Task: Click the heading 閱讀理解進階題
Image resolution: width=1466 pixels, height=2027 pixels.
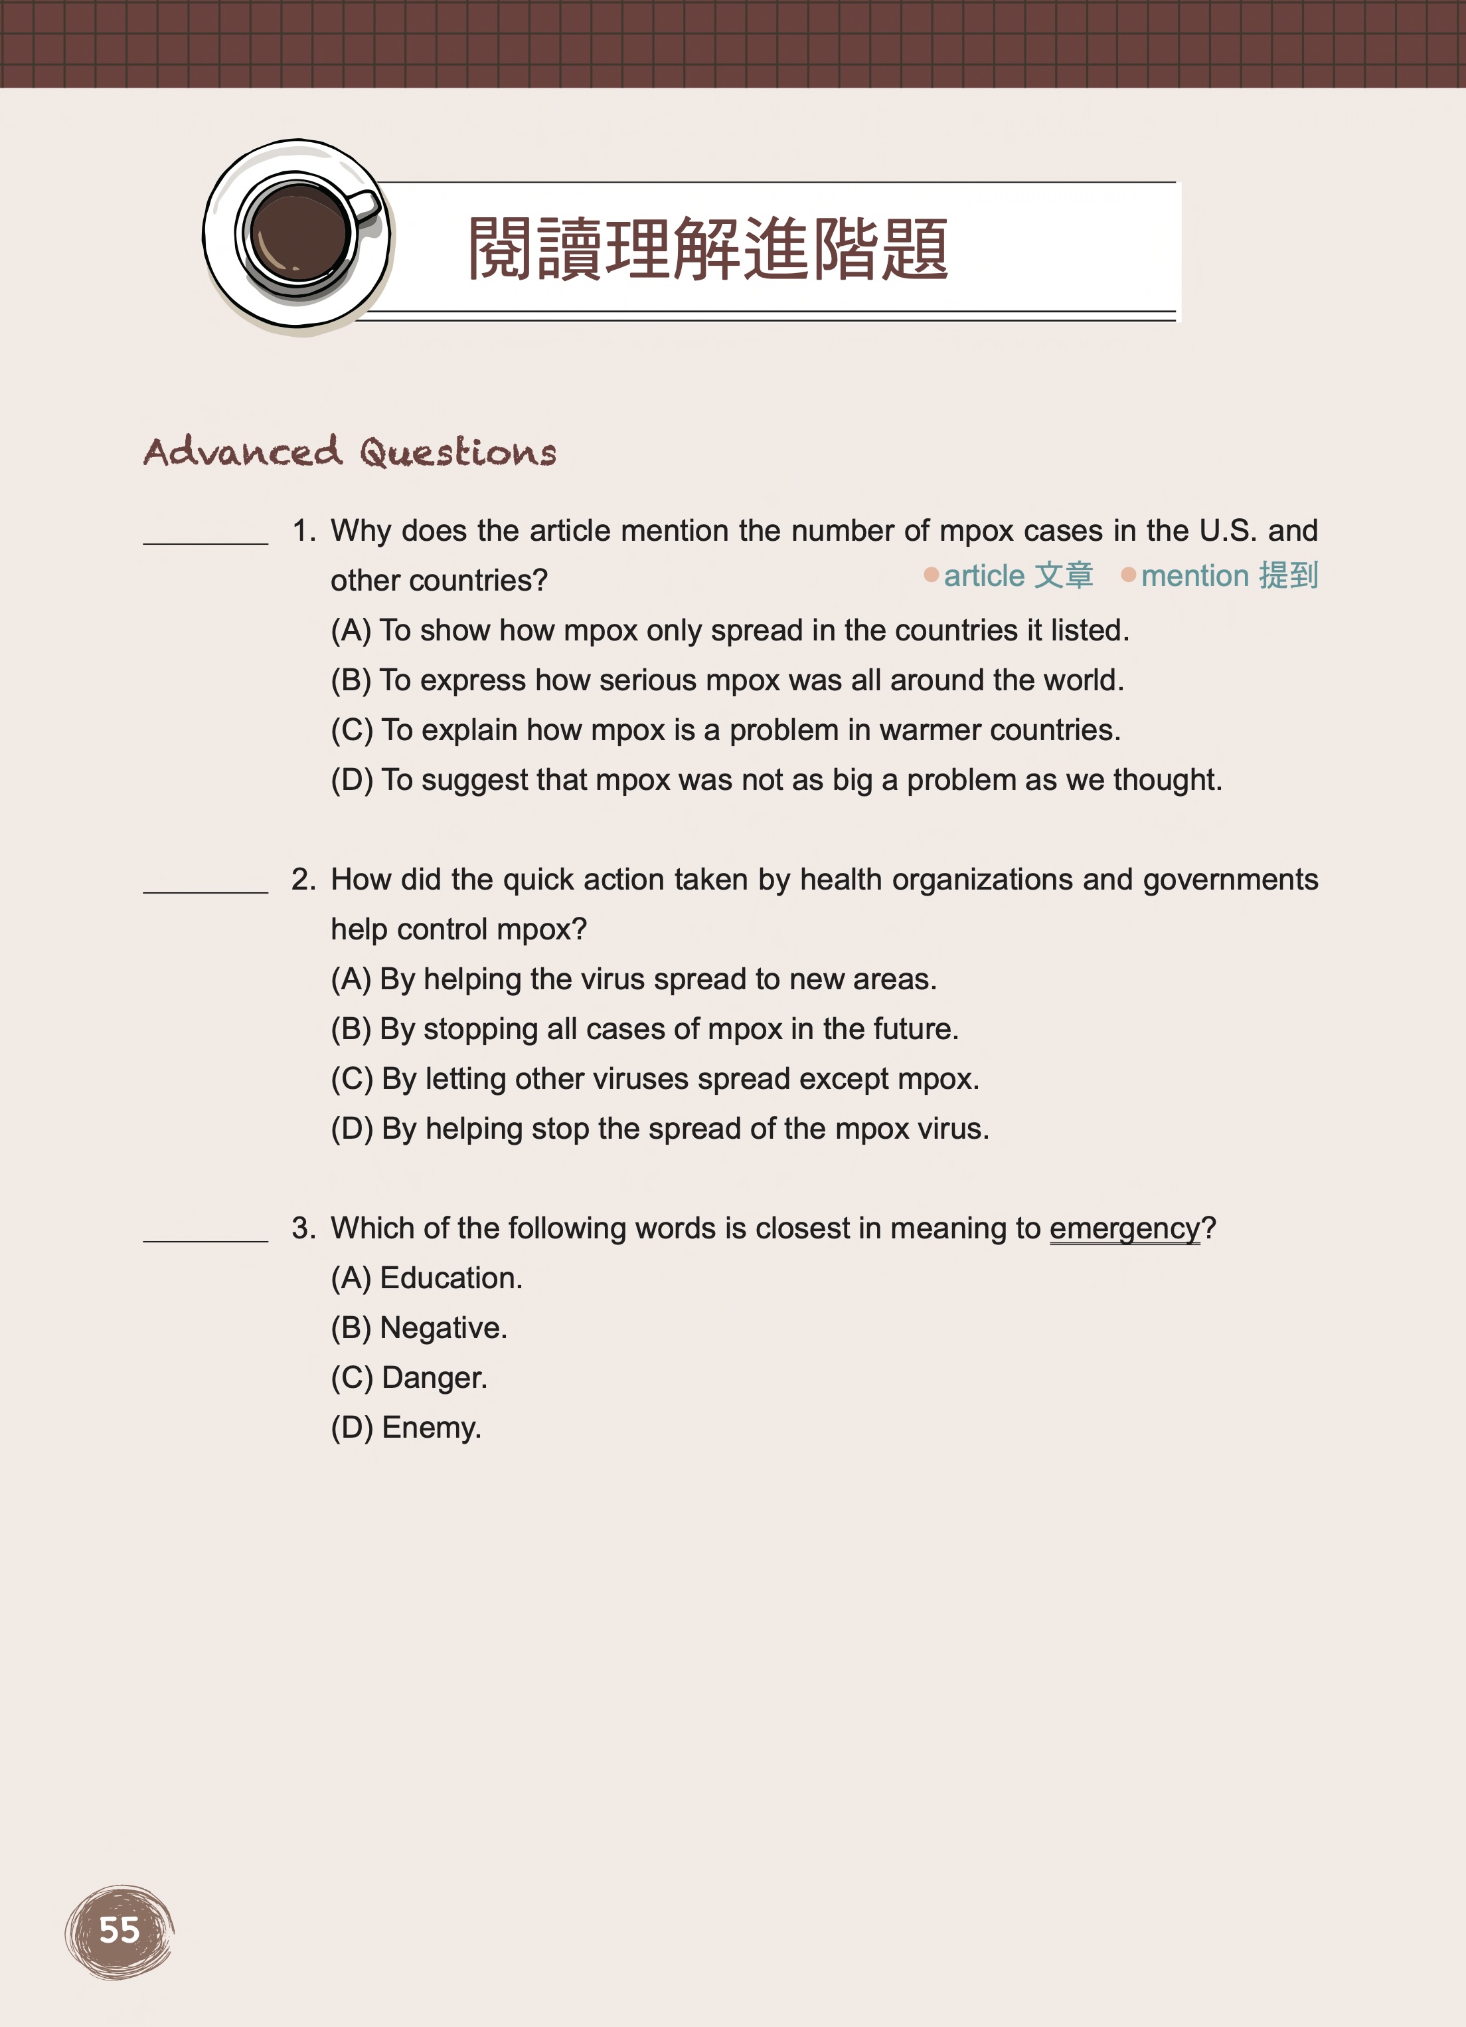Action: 708,249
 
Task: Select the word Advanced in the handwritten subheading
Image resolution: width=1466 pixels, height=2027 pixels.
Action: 243,451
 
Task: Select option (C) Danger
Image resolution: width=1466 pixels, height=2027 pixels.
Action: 409,1377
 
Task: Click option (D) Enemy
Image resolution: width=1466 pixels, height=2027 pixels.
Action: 406,1427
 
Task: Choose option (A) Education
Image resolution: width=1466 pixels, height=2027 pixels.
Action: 426,1278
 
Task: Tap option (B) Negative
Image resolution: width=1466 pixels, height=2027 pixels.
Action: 419,1328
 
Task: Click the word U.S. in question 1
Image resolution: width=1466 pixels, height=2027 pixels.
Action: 1228,531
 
